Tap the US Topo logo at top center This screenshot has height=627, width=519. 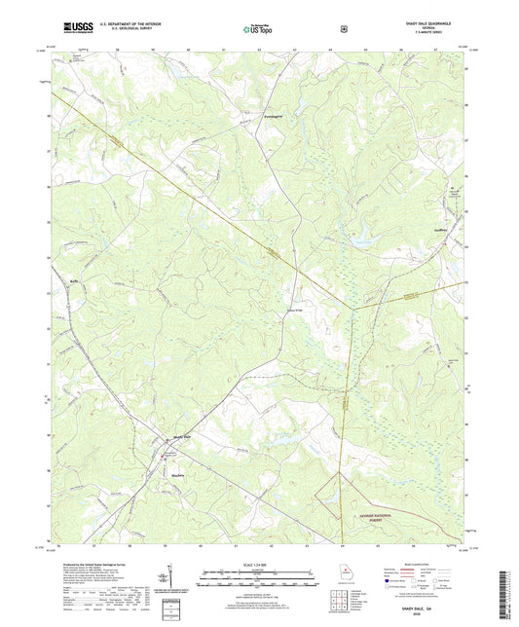[257, 29]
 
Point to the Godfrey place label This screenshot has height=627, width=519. [439, 231]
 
